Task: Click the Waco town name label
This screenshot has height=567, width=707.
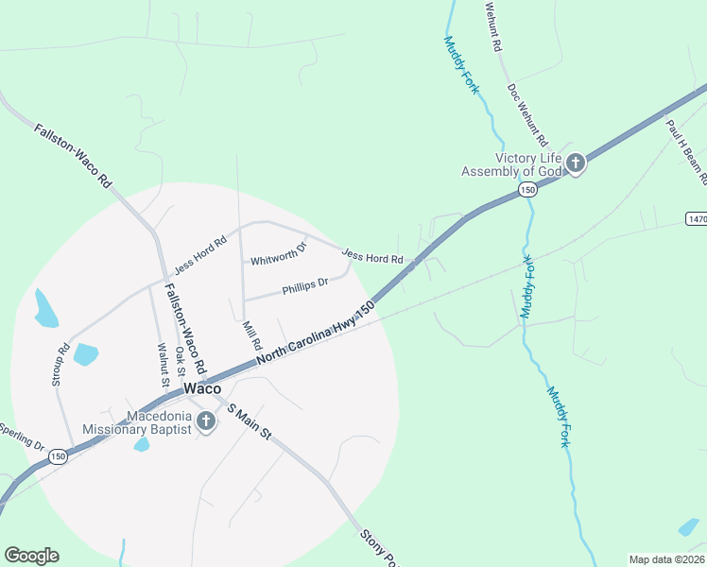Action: pyautogui.click(x=202, y=388)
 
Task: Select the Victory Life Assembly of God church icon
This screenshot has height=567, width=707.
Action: pyautogui.click(x=576, y=164)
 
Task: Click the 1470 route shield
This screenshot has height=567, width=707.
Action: pyautogui.click(x=696, y=218)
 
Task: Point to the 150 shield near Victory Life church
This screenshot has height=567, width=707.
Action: pyautogui.click(x=527, y=191)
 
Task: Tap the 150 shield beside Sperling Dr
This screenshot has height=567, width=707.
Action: pyautogui.click(x=59, y=455)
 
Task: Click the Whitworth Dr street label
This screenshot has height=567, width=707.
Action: pyautogui.click(x=279, y=254)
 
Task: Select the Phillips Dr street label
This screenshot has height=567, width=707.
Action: pyautogui.click(x=305, y=283)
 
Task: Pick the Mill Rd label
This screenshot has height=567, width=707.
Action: pyautogui.click(x=251, y=335)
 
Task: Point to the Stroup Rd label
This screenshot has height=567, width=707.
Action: pyautogui.click(x=62, y=363)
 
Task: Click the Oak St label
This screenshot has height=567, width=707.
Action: pyautogui.click(x=180, y=364)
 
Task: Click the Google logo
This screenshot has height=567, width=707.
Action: pyautogui.click(x=31, y=556)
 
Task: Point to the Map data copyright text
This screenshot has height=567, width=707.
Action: pyautogui.click(x=666, y=559)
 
